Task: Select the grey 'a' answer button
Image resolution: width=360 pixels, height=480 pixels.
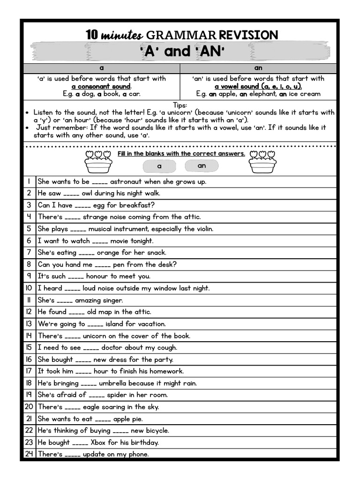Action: [159, 166]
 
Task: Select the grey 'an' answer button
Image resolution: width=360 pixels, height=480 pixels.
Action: [202, 165]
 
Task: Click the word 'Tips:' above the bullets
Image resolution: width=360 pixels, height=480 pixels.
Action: [180, 105]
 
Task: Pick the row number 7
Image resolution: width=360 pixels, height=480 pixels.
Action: [29, 253]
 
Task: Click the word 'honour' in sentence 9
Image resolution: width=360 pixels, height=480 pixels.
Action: [97, 276]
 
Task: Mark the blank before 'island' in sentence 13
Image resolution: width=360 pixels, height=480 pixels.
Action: [95, 324]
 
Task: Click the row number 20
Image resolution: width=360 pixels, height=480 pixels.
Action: [29, 407]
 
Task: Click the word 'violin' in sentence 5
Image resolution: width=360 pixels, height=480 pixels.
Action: [203, 229]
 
